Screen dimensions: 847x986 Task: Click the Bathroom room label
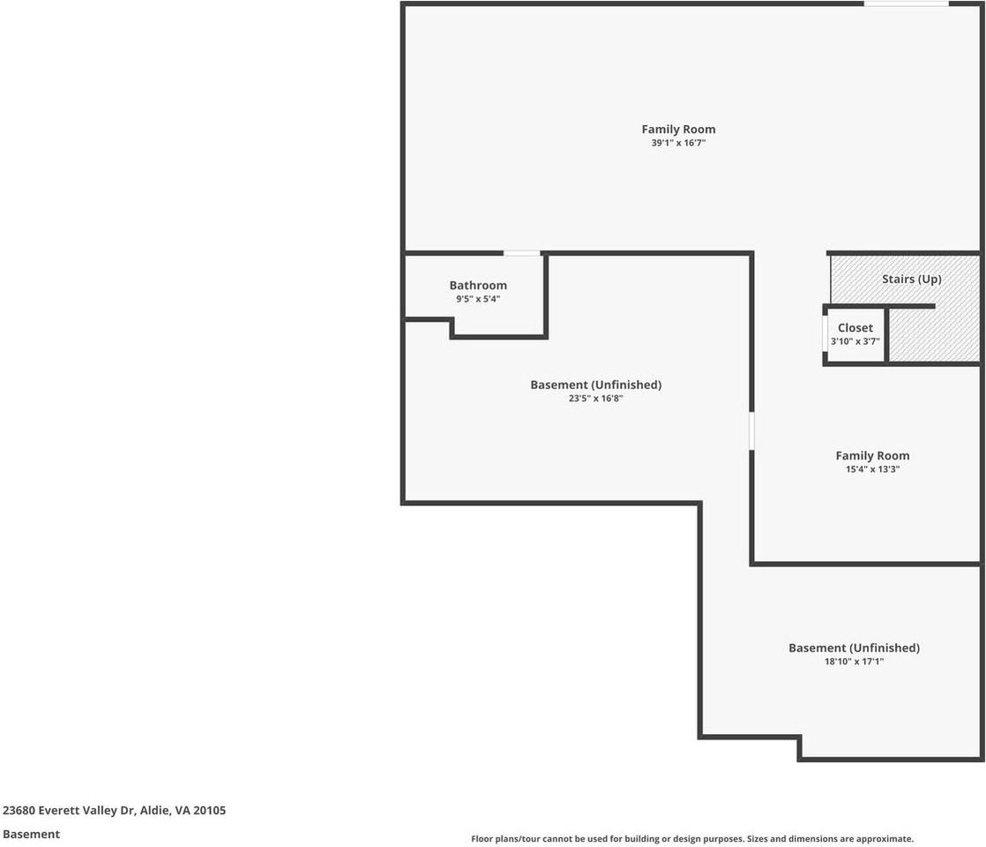point(478,285)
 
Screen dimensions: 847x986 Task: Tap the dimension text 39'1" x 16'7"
point(678,142)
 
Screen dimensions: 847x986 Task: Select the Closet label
point(855,328)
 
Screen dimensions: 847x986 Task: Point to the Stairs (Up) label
point(911,279)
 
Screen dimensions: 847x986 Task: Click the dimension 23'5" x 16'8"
point(595,398)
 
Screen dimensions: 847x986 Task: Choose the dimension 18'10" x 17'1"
point(854,661)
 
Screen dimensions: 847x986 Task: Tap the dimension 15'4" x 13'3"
point(872,469)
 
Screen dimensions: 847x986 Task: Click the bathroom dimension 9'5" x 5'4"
point(478,299)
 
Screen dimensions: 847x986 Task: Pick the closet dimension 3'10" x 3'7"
point(855,341)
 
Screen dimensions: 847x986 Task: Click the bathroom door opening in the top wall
point(521,253)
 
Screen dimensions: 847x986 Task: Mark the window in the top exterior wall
point(906,4)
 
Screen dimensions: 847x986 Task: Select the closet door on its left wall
point(825,334)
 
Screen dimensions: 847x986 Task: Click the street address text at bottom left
point(114,810)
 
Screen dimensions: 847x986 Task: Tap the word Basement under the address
point(31,834)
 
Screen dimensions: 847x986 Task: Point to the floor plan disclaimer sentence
point(692,839)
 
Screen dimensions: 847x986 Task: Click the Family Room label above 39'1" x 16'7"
point(678,129)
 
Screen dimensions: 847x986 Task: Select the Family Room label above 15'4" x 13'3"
point(872,455)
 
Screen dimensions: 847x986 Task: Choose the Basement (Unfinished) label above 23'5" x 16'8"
point(595,385)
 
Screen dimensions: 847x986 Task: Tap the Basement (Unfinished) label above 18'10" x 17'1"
point(854,648)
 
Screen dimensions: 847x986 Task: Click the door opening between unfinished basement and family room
point(751,431)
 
